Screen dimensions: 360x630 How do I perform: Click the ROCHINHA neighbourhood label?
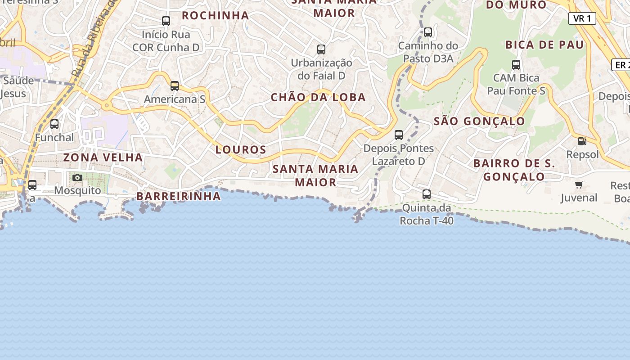point(215,15)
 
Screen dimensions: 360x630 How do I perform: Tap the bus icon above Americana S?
point(175,85)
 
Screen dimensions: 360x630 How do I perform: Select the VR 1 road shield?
point(582,18)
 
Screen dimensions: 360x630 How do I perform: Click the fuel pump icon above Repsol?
point(582,141)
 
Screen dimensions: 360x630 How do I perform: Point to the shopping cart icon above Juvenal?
point(579,184)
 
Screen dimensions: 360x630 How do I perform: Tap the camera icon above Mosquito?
point(77,177)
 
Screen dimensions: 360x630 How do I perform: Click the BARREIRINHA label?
point(179,196)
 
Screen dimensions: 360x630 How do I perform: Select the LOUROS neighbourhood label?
point(241,149)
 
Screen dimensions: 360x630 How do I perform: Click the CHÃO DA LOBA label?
point(318,97)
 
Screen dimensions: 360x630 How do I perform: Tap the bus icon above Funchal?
point(54,124)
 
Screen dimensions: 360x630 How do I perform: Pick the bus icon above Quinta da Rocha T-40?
point(427,194)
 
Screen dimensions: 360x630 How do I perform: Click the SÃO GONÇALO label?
point(479,121)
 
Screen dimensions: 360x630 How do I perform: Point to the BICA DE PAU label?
point(544,45)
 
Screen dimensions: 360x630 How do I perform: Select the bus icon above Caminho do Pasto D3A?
point(428,32)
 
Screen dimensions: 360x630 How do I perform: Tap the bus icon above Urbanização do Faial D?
point(321,49)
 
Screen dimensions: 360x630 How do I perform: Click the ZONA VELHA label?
point(103,157)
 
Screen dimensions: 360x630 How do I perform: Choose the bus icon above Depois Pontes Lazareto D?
point(399,135)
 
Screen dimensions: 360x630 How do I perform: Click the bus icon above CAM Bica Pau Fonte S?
point(516,65)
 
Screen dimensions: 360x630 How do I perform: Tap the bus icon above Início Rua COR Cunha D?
point(166,21)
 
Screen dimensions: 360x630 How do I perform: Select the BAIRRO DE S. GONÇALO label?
point(514,170)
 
